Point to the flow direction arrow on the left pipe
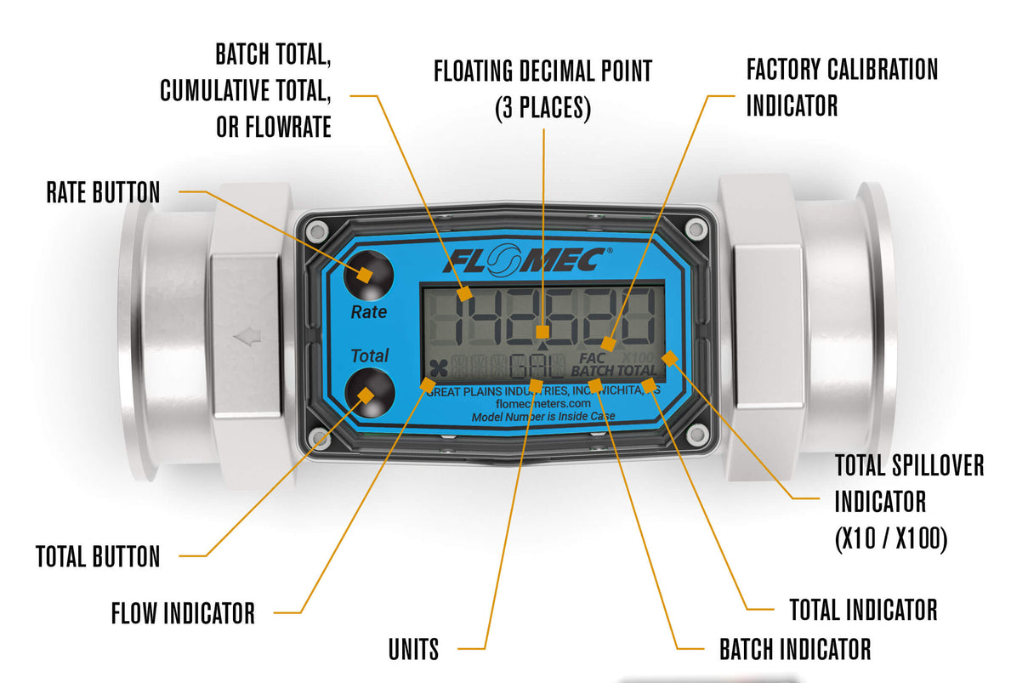(x=247, y=339)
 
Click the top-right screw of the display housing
(x=696, y=227)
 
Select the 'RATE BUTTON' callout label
(x=103, y=192)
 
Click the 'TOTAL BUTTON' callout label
(x=98, y=556)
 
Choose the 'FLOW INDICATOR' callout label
(x=183, y=612)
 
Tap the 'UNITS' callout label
(x=414, y=650)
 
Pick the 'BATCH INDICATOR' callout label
(x=795, y=650)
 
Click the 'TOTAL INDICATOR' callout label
(x=863, y=610)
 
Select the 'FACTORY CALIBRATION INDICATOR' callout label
(x=842, y=87)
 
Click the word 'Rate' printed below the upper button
(x=369, y=312)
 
